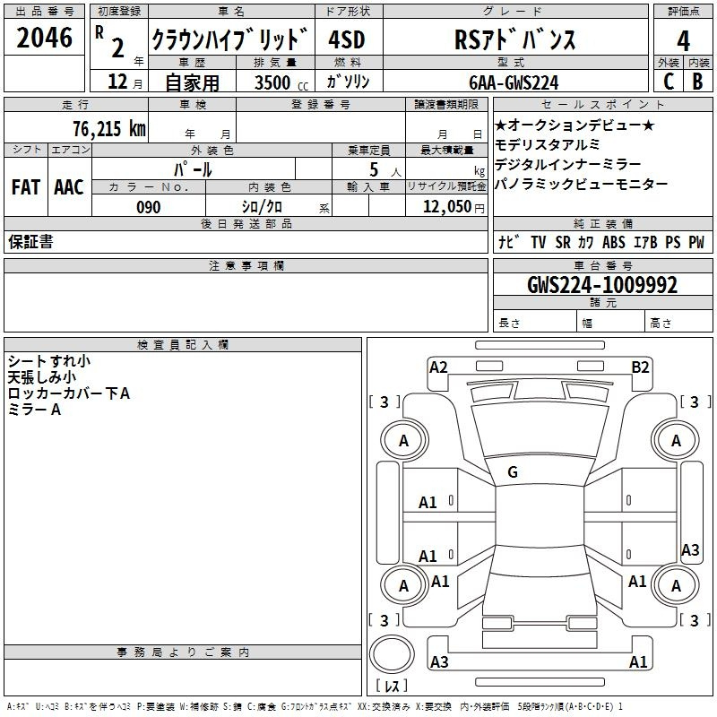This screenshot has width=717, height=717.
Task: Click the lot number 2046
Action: click(x=44, y=37)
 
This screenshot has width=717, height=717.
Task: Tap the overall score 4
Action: click(x=683, y=40)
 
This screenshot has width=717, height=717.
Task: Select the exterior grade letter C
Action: click(x=669, y=82)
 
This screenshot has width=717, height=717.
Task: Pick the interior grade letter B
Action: click(x=697, y=82)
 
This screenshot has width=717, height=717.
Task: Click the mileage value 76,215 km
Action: click(x=109, y=128)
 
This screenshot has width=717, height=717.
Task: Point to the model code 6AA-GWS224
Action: click(x=514, y=82)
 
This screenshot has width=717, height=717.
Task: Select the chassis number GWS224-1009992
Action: click(x=601, y=285)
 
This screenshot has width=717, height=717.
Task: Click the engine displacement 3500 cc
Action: click(x=281, y=82)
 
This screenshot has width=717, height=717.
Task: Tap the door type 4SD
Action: click(x=347, y=39)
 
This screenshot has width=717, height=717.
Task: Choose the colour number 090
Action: click(x=149, y=207)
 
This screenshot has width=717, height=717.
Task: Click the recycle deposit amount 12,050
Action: click(x=447, y=207)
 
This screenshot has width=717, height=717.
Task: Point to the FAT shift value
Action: click(x=26, y=187)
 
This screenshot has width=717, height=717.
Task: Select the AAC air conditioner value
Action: click(x=69, y=187)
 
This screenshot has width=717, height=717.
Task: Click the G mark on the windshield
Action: click(x=513, y=472)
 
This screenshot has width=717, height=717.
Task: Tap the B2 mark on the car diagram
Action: click(x=640, y=367)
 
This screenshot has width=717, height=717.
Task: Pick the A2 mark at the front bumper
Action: click(x=438, y=367)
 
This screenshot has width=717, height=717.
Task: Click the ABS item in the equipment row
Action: click(x=614, y=242)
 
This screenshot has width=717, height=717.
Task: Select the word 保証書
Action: click(x=30, y=241)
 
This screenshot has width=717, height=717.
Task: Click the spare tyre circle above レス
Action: click(x=392, y=653)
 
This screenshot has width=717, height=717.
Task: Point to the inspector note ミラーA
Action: click(x=34, y=410)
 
